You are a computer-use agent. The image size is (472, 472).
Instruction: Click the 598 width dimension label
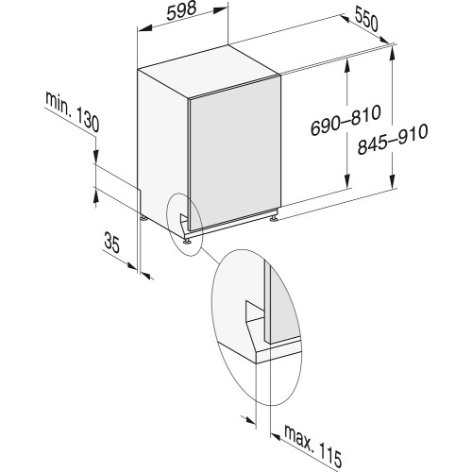[x=181, y=11]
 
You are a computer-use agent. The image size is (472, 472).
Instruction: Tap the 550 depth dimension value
[x=365, y=21]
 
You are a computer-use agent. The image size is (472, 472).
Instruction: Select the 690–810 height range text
[x=346, y=120]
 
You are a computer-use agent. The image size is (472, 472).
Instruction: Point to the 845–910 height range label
[x=393, y=139]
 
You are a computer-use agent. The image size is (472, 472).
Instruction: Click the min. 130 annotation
[x=73, y=111]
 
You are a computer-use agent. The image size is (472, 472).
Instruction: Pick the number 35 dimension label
[x=112, y=242]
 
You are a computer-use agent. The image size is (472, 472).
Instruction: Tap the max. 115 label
[x=312, y=447]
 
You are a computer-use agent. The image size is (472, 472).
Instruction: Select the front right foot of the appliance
[x=274, y=218]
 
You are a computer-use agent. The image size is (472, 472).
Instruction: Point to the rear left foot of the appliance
[x=143, y=218]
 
